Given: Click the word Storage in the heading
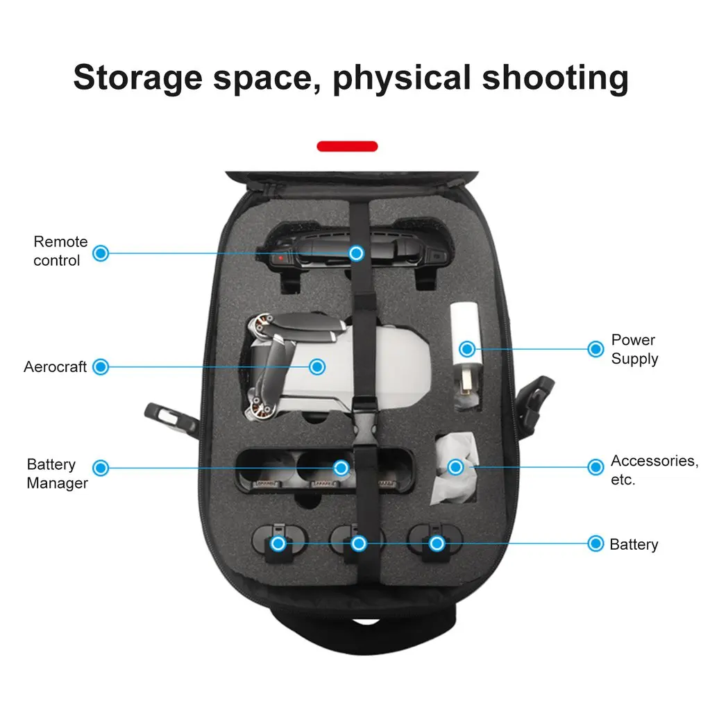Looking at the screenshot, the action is (137, 77).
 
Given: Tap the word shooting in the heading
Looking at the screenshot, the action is (555, 77).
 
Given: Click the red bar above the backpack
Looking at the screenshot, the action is (347, 146).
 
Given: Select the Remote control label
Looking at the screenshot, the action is (60, 251).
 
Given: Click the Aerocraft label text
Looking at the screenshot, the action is (55, 366).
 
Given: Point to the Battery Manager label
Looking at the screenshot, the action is (57, 473).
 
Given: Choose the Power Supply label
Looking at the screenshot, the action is (634, 349).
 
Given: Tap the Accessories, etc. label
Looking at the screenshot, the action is (654, 469).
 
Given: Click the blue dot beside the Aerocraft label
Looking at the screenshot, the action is (101, 366).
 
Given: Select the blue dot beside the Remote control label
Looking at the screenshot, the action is (101, 253).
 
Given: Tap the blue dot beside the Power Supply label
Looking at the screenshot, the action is (596, 348).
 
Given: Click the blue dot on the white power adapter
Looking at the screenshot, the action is (467, 348).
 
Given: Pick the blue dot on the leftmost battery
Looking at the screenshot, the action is (278, 543).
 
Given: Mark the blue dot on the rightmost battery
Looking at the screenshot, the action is (437, 543).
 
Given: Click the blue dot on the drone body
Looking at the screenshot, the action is (317, 366).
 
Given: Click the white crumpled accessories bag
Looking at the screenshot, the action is (455, 468).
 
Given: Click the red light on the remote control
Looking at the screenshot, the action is (281, 258).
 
